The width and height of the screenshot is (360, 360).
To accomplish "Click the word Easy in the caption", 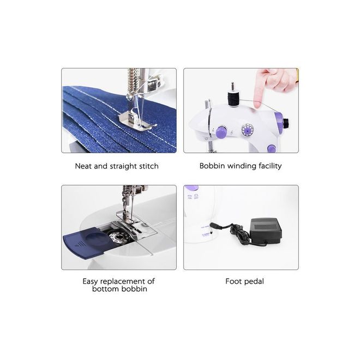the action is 90,281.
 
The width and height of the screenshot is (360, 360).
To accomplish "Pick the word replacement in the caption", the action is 123,281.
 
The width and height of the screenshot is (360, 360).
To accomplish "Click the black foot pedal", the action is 266,231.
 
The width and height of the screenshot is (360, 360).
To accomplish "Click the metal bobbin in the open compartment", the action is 118,237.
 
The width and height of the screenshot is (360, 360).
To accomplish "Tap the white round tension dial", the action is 247,130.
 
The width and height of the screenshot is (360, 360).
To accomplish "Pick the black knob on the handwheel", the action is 286,124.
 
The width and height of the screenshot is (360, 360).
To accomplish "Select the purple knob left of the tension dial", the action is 221,132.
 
